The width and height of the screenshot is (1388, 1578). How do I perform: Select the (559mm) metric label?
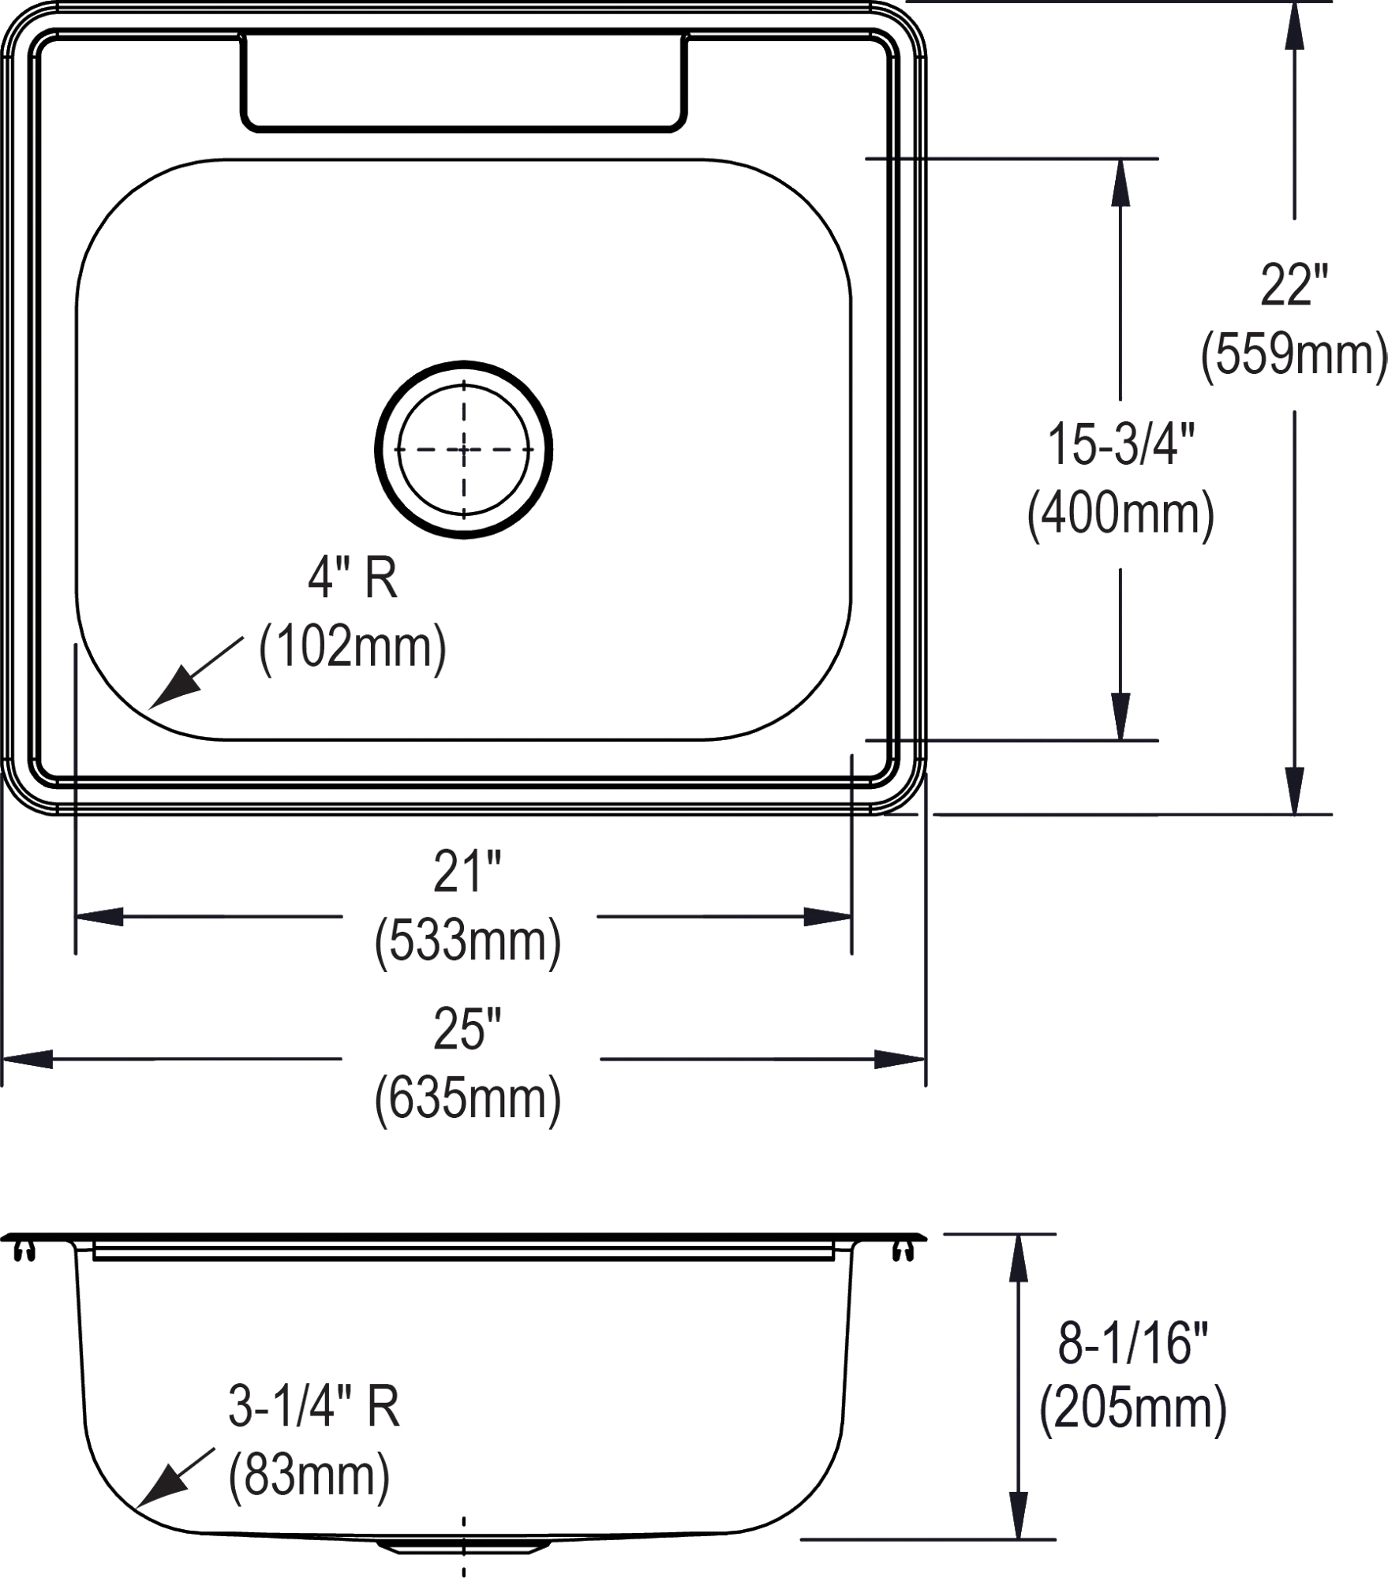click(1293, 354)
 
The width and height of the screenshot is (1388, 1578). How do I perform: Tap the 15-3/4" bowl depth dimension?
click(1121, 444)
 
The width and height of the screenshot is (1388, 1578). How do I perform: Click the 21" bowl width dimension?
click(467, 872)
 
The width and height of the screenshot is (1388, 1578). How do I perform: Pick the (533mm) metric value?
click(467, 940)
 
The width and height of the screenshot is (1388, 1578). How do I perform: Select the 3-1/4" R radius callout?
click(314, 1407)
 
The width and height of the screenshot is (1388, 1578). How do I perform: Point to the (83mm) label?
click(309, 1476)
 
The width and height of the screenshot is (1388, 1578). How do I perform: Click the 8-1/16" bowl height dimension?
click(1133, 1343)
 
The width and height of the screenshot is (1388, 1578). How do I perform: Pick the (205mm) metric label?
click(1133, 1412)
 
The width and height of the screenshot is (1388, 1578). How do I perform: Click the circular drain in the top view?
click(463, 449)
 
